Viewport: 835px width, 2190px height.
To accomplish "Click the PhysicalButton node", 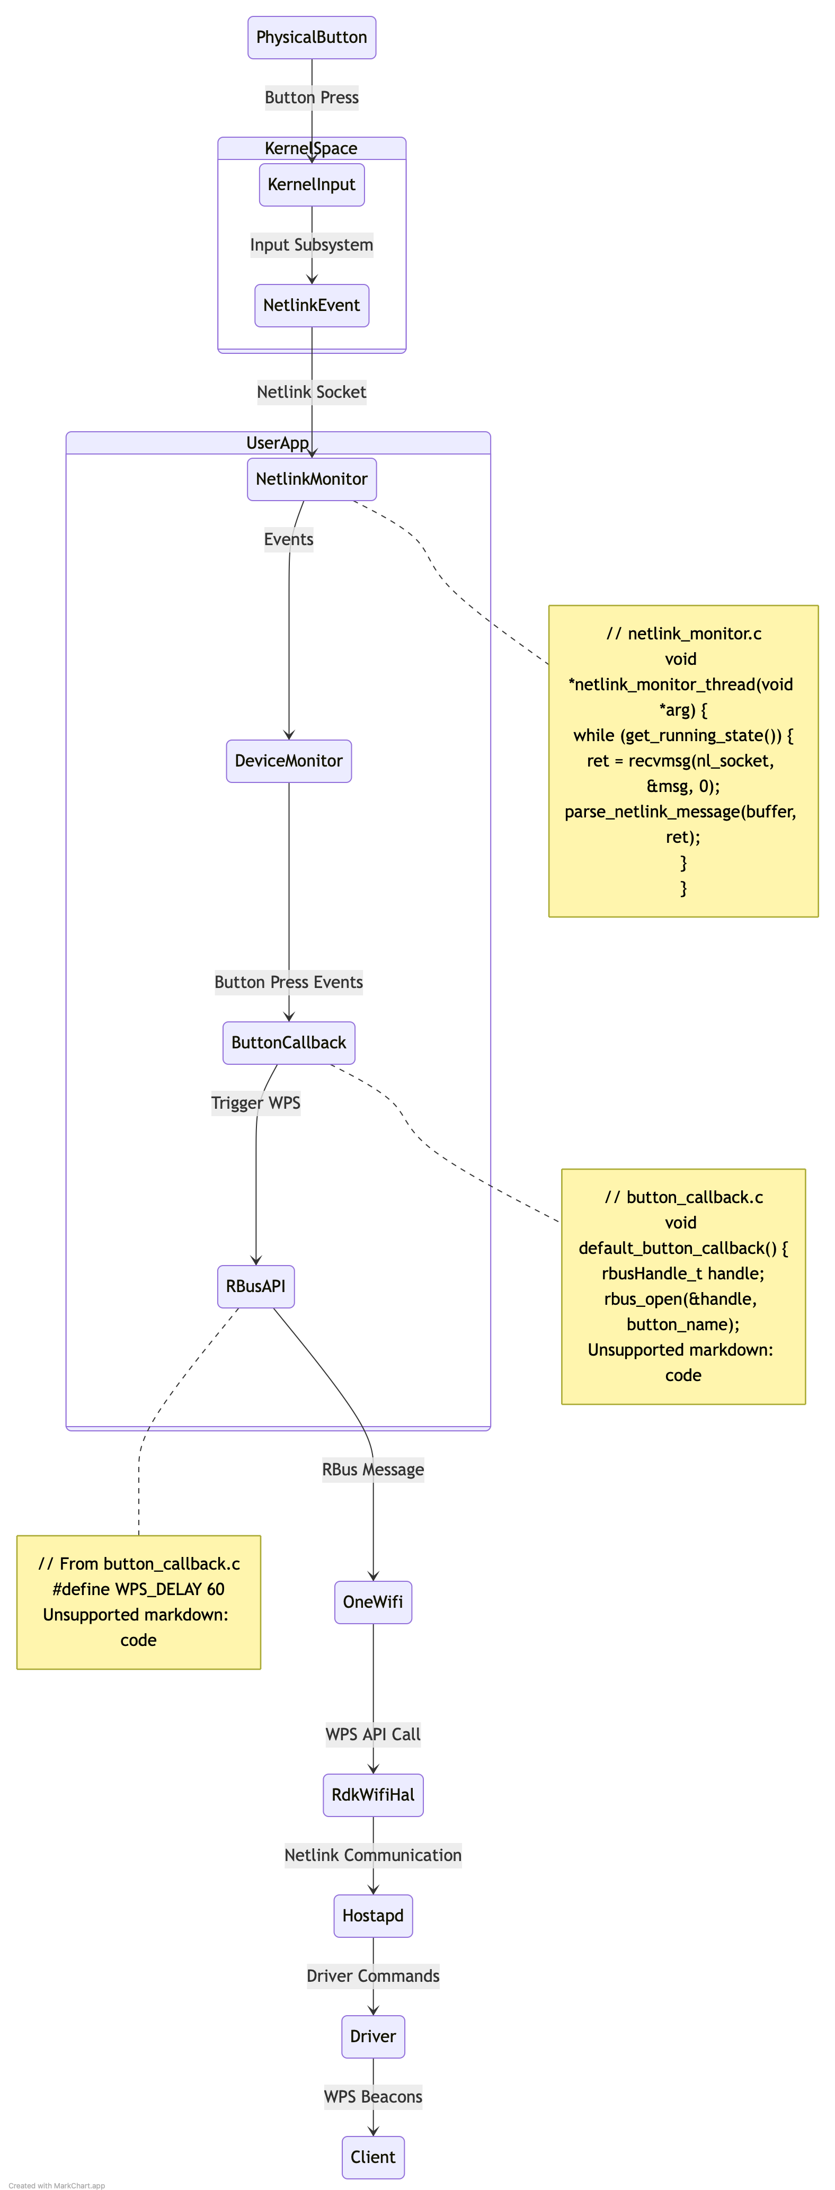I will [311, 38].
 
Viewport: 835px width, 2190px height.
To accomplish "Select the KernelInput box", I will [311, 184].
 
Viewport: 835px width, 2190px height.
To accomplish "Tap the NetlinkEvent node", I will [311, 305].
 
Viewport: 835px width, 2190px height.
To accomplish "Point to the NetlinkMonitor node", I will [311, 479].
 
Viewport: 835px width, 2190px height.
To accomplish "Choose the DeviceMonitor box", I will [288, 761].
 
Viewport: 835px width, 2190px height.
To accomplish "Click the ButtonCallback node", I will [288, 1043].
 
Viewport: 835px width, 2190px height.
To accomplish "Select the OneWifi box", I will [372, 1601].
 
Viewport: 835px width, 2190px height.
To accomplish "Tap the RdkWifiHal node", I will [372, 1795].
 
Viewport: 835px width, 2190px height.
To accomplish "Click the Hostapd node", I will [372, 1916].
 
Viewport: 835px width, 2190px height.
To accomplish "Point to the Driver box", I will [372, 2036].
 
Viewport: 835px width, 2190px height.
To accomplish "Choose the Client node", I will [372, 2157].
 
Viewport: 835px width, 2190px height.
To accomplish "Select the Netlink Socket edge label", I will [311, 392].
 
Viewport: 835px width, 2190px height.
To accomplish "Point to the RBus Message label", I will [372, 1469].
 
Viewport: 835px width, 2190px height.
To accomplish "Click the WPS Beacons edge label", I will [372, 2096].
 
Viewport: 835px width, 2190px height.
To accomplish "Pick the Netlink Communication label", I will [372, 1855].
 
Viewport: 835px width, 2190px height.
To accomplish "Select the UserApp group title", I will [277, 443].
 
